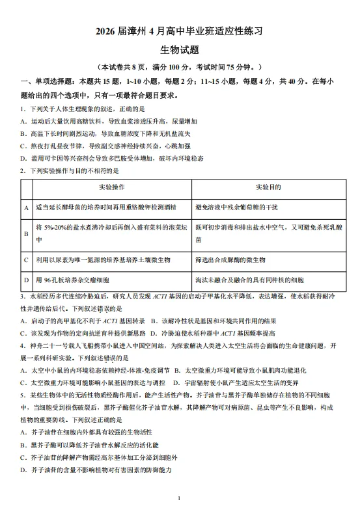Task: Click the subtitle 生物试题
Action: [x=179, y=49]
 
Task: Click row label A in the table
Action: [x=26, y=207]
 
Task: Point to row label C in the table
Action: [x=26, y=260]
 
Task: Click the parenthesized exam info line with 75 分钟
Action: [x=179, y=68]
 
